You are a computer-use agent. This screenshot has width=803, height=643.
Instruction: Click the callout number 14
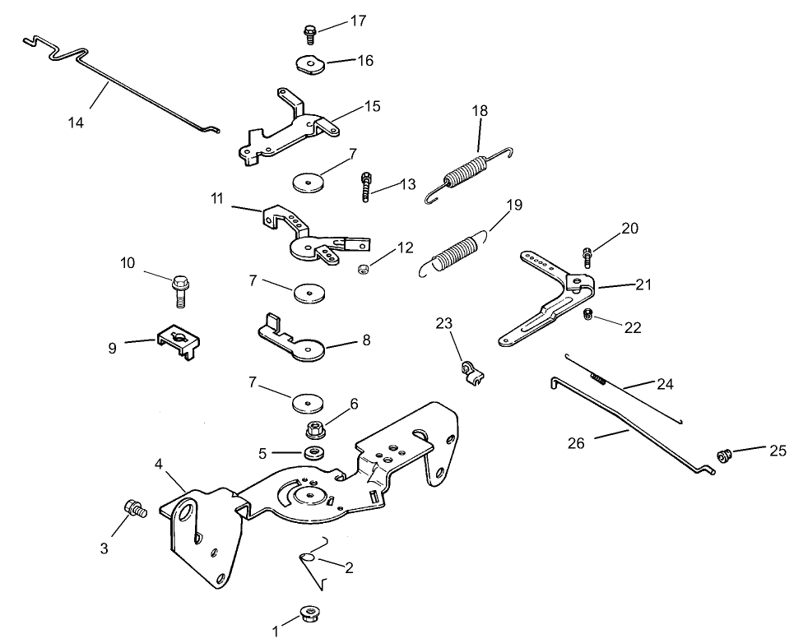coord(76,123)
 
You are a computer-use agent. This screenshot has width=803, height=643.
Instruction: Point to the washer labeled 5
coord(313,452)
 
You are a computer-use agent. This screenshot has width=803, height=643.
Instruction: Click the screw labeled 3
coord(133,509)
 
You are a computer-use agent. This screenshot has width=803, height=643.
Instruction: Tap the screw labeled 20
coord(587,256)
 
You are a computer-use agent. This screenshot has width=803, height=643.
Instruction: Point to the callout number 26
coord(577,444)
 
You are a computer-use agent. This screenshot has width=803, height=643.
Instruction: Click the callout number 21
coord(643,285)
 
